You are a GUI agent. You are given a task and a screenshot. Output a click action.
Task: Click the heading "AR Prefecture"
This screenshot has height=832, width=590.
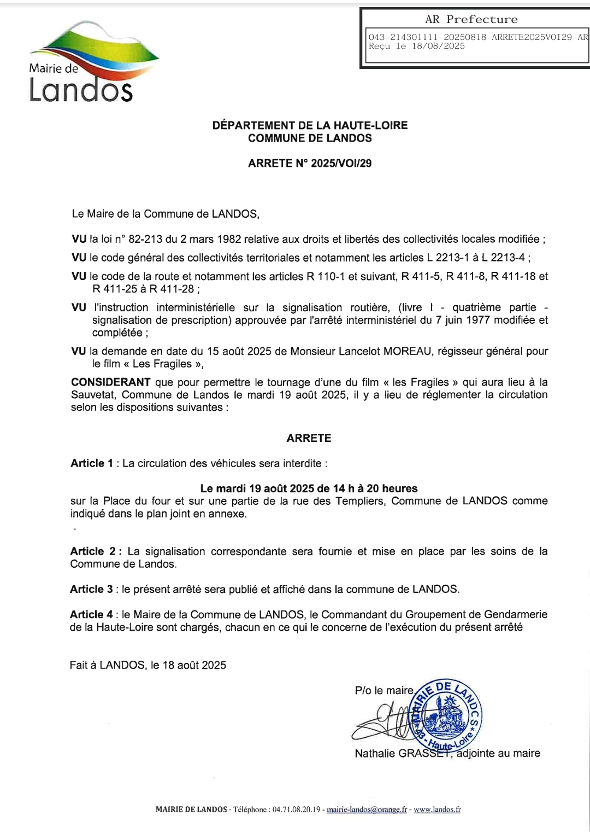[x=471, y=19]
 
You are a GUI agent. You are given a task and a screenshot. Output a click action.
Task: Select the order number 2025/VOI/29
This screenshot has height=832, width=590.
[x=341, y=163]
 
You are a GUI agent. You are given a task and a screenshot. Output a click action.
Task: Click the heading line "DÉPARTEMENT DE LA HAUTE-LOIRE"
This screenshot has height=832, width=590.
[x=310, y=125]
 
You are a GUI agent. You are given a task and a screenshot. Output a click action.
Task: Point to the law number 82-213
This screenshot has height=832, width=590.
[x=145, y=239]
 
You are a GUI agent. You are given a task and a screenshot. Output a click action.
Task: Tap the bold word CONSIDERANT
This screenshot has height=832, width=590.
[x=111, y=382]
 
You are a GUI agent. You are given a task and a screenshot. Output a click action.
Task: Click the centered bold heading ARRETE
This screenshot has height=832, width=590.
[x=309, y=438]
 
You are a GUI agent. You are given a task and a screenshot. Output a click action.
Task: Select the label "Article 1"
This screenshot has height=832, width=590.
[x=92, y=463]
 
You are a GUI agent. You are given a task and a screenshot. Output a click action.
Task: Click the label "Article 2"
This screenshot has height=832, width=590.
[x=92, y=551]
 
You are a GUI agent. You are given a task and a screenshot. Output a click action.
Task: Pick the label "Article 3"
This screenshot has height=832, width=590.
[x=91, y=589]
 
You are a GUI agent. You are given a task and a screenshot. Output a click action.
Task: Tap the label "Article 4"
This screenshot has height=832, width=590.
[x=91, y=614]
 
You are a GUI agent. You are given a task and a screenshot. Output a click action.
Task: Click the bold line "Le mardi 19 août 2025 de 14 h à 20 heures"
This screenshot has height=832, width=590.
[x=309, y=488]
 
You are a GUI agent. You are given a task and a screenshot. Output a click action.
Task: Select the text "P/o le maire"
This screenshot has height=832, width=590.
[x=384, y=691]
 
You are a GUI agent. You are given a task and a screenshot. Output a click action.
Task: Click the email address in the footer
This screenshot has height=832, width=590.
[x=367, y=810]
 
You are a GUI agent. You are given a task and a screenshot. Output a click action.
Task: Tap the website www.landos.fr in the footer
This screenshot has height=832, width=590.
[x=437, y=810]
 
